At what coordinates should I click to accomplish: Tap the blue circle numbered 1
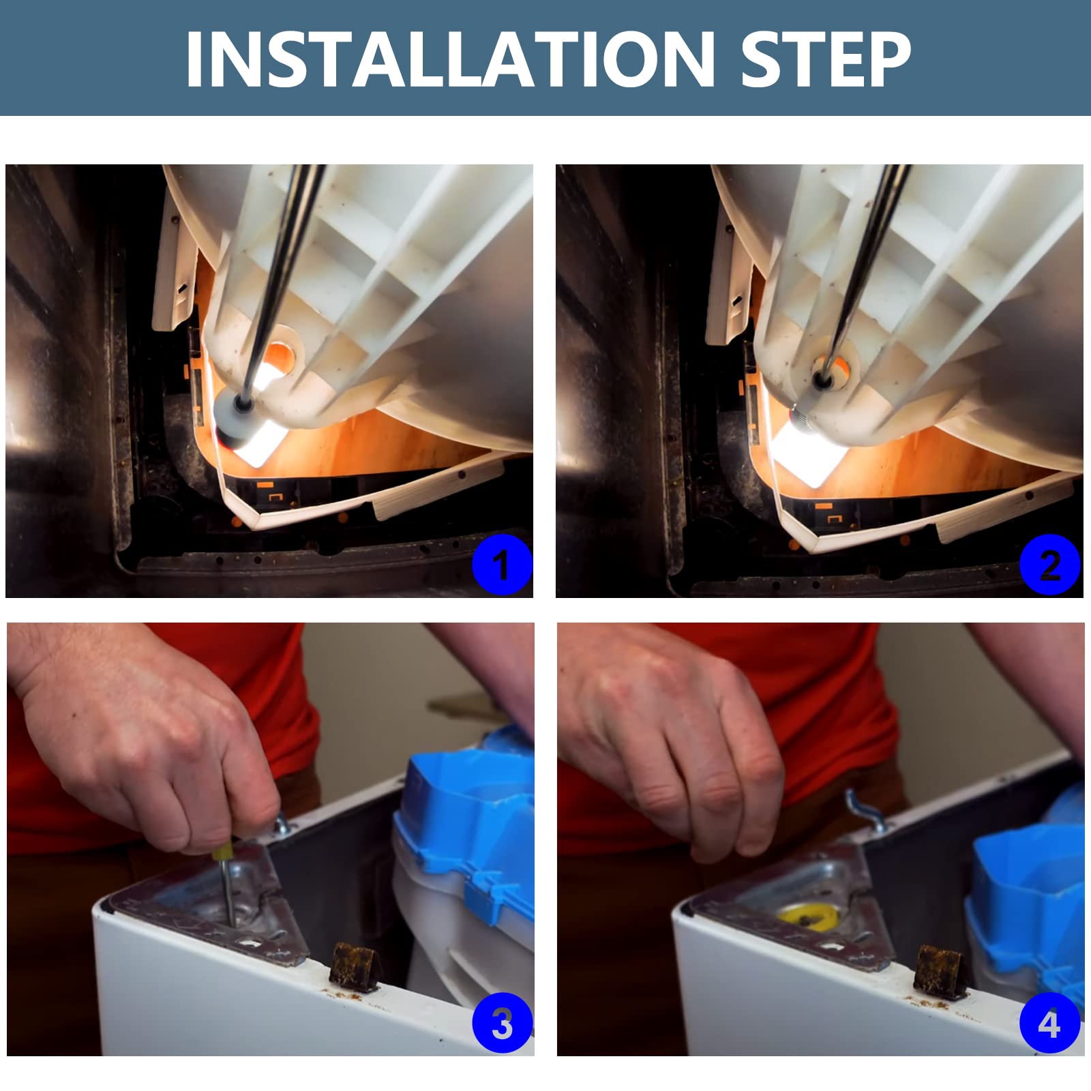click(x=502, y=565)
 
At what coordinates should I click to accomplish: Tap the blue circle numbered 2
click(x=1050, y=565)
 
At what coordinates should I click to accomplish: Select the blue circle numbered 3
click(x=502, y=1023)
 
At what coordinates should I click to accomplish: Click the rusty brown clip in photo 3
click(x=352, y=967)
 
